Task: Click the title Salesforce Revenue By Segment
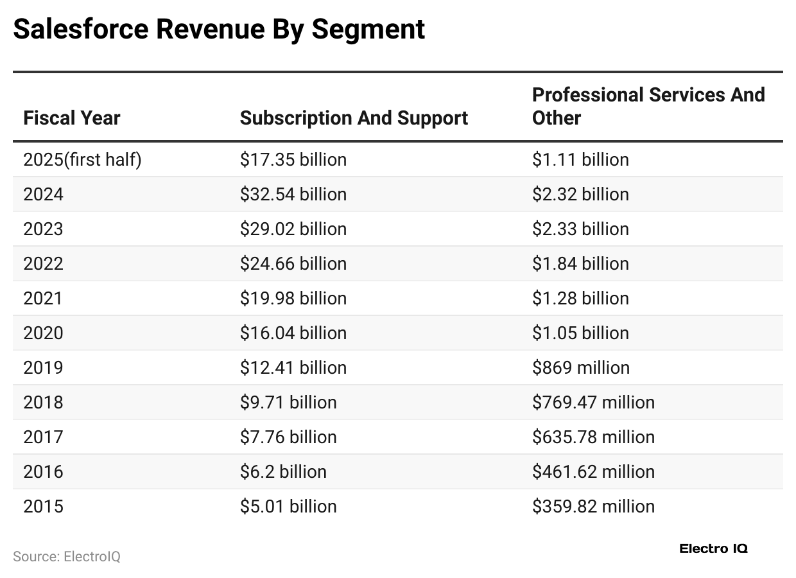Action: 219,30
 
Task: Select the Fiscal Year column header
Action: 72,118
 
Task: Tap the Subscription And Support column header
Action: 354,118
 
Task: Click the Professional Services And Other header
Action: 648,107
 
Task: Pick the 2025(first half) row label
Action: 82,159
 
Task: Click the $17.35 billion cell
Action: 293,159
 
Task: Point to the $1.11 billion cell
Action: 580,159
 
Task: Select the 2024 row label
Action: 43,194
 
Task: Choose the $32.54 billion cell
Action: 293,194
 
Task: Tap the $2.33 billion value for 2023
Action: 580,229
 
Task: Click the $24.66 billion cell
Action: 293,263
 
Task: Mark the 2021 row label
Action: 43,298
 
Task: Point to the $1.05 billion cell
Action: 580,333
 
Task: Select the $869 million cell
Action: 581,367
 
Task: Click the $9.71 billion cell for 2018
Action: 288,402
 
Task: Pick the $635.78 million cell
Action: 593,437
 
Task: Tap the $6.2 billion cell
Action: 283,471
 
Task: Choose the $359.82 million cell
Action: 593,506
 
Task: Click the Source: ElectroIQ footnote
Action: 67,556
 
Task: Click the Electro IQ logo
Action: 713,548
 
